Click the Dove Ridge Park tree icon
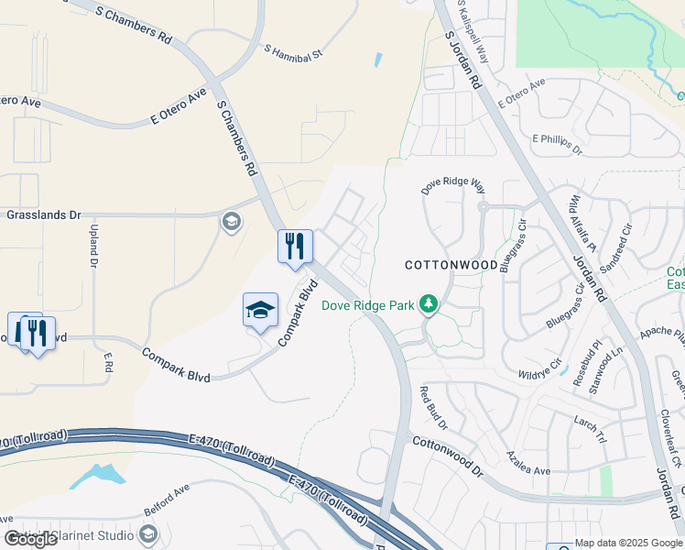tap(427, 302)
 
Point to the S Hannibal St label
tap(294, 53)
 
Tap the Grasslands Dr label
tap(44, 214)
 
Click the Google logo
tap(31, 539)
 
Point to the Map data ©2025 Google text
tap(628, 543)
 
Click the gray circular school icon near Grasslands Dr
tap(231, 221)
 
